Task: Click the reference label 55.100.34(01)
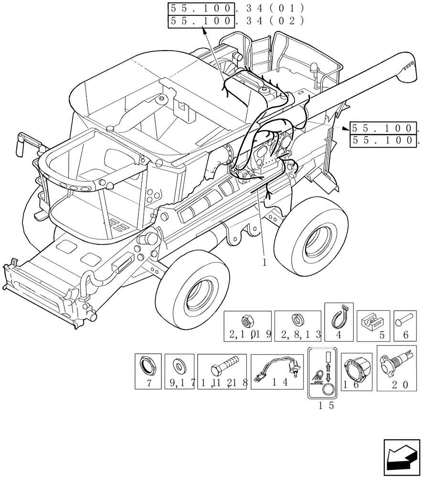point(236,9)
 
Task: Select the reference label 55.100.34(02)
point(236,21)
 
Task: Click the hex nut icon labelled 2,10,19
point(248,321)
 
